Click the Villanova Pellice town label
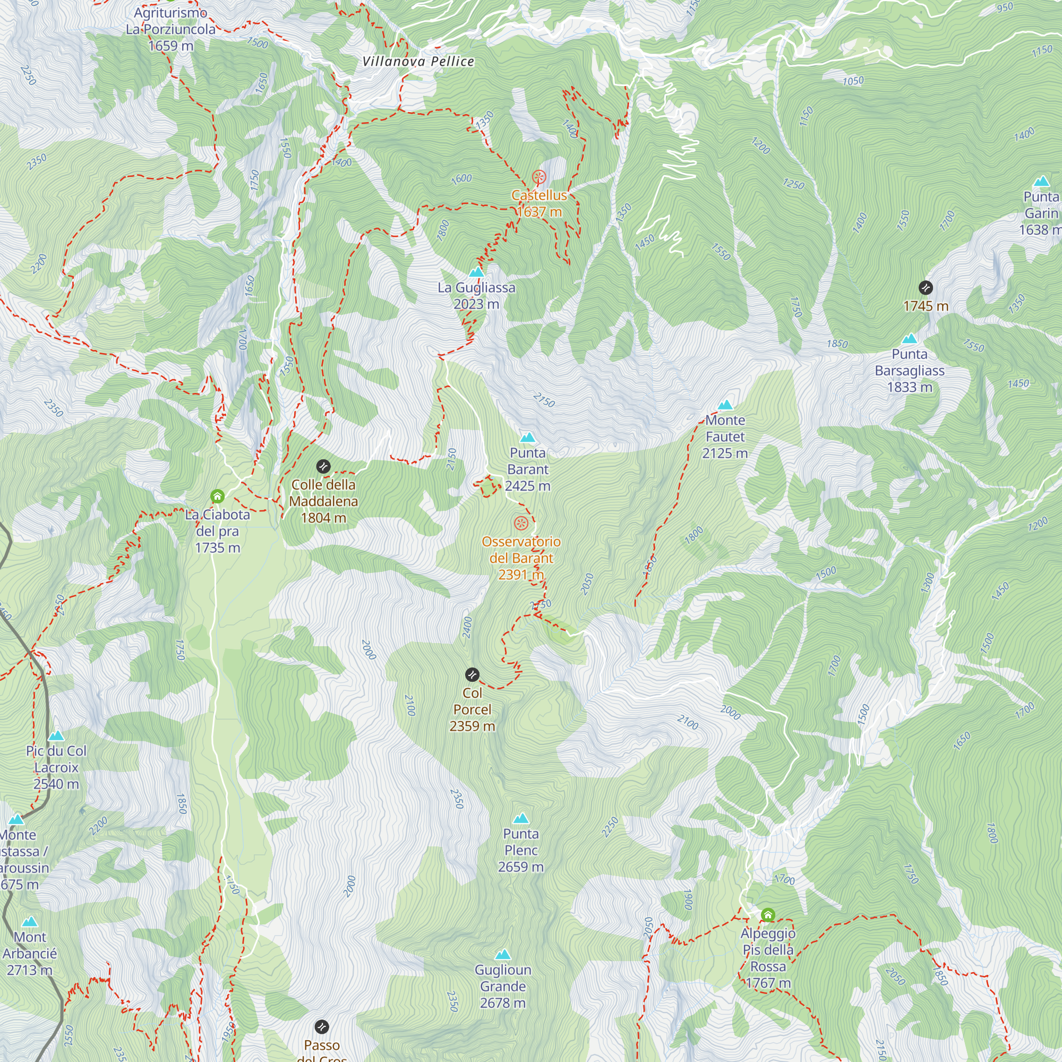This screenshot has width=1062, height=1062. pyautogui.click(x=418, y=62)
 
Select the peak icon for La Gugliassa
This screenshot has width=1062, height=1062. pyautogui.click(x=477, y=271)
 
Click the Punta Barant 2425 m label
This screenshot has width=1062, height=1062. pyautogui.click(x=528, y=469)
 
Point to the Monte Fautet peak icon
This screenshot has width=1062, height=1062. pyautogui.click(x=725, y=405)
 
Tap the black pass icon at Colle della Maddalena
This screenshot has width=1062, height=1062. pyautogui.click(x=323, y=467)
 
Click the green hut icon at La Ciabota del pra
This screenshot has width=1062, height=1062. pyautogui.click(x=218, y=496)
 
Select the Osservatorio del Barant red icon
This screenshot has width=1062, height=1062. pyautogui.click(x=521, y=523)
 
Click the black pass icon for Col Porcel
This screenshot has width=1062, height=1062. pyautogui.click(x=472, y=674)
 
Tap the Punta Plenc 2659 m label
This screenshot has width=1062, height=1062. pyautogui.click(x=520, y=850)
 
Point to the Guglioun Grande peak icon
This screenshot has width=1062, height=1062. pyautogui.click(x=502, y=954)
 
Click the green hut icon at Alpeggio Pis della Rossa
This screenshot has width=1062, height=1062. pyautogui.click(x=768, y=915)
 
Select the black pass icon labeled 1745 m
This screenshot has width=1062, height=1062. pyautogui.click(x=926, y=287)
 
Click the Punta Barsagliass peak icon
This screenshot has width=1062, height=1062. pyautogui.click(x=909, y=339)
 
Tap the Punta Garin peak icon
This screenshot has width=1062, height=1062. pyautogui.click(x=1041, y=182)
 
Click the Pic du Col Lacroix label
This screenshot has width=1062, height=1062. pyautogui.click(x=56, y=767)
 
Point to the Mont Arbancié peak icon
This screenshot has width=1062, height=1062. pyautogui.click(x=30, y=921)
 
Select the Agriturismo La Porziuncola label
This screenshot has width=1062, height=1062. pyautogui.click(x=170, y=29)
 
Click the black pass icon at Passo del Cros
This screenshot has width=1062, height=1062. pyautogui.click(x=322, y=1026)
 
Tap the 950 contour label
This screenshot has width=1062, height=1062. pyautogui.click(x=1005, y=7)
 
